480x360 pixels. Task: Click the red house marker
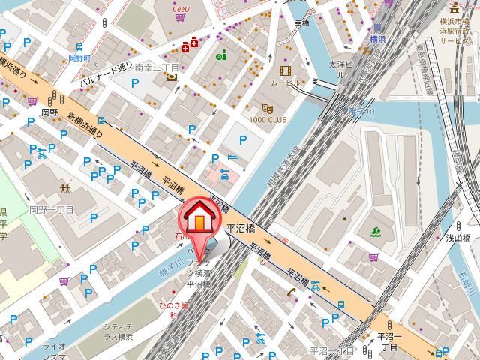[x=199, y=217]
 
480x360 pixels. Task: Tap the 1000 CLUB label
[x=268, y=120]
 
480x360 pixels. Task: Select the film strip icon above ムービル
[x=285, y=70]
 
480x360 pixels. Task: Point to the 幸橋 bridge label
[x=301, y=23]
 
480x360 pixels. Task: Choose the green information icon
[x=220, y=55]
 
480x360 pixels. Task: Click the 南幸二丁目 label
[x=157, y=67]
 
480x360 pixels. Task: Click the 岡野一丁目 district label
[x=52, y=210]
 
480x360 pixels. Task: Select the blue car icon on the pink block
[x=224, y=174]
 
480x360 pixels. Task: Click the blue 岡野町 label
[x=79, y=57]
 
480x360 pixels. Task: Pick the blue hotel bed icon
[x=232, y=157]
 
